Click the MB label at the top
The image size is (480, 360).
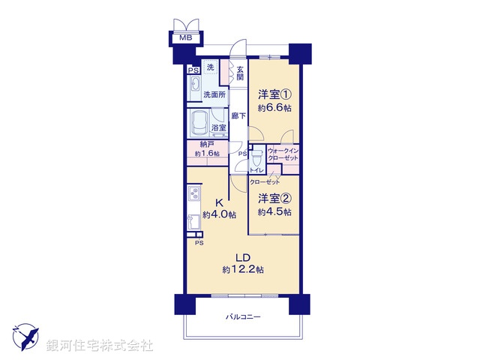tap(184, 37)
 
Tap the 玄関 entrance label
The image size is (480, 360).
tap(240, 73)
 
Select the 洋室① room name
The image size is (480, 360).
tap(274, 94)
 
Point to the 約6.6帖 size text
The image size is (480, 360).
tap(274, 108)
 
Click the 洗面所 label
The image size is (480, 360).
tap(214, 95)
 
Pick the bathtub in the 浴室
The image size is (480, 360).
tap(200, 121)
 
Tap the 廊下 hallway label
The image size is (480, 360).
tap(238, 115)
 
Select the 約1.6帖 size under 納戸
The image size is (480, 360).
tap(207, 154)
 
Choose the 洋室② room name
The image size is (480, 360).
tap(274, 199)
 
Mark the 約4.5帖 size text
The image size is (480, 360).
tap(274, 211)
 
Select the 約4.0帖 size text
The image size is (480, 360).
tap(219, 215)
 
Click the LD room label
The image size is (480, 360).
tap(241, 256)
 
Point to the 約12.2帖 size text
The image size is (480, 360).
tap(241, 269)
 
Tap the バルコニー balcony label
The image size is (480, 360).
tap(243, 318)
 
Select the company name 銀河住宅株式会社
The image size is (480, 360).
tap(99, 345)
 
